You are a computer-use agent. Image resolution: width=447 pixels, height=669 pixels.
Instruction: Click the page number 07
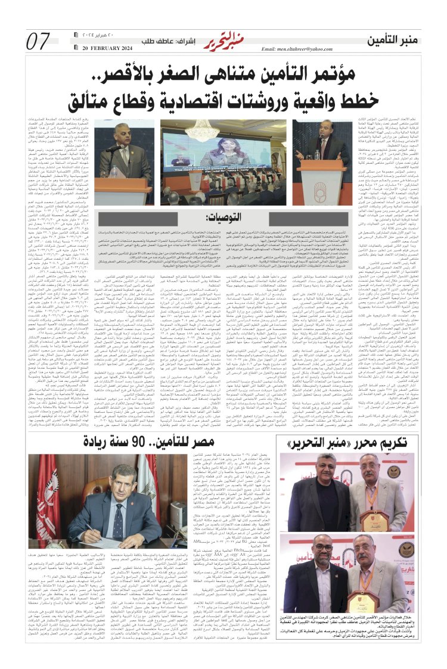coord(38,42)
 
